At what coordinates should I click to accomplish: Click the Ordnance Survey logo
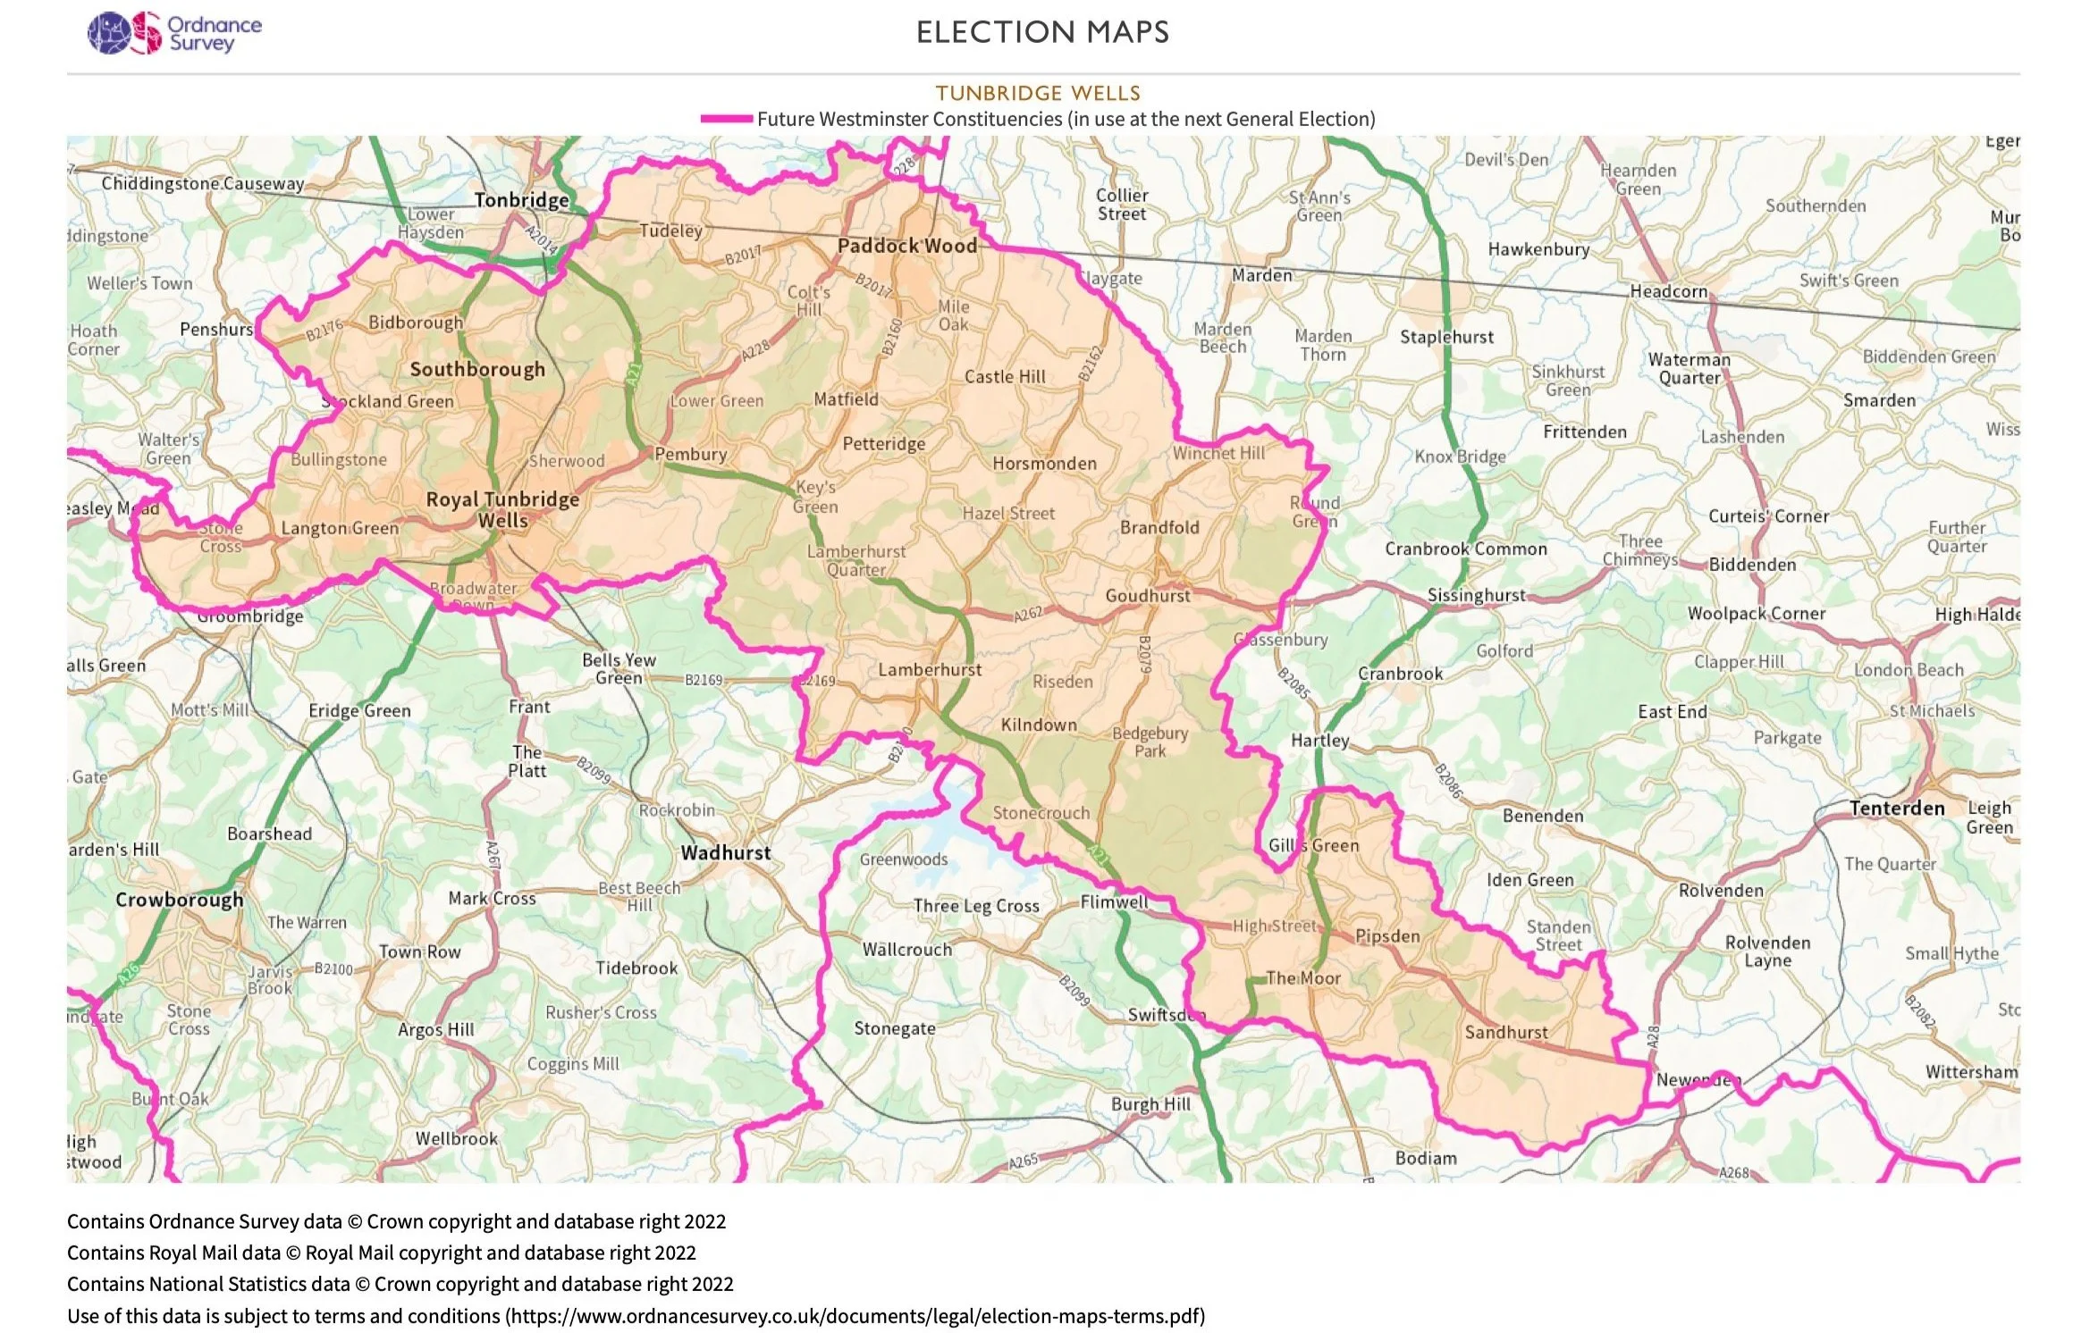[174, 33]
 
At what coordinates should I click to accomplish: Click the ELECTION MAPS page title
[1042, 33]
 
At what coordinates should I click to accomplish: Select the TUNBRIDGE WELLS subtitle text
[1038, 93]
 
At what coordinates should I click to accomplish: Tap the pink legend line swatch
[727, 119]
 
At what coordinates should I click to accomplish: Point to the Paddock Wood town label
[906, 246]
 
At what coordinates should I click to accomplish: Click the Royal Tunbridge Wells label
[502, 509]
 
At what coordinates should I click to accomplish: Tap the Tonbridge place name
[521, 200]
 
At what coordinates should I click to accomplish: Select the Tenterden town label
[1897, 809]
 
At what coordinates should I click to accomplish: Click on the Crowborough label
[179, 900]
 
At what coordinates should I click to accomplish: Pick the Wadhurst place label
[725, 853]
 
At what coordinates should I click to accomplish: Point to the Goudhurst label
[1147, 596]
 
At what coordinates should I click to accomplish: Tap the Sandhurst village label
[1505, 1033]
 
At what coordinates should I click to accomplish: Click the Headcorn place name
[1668, 291]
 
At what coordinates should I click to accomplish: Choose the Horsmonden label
[1044, 464]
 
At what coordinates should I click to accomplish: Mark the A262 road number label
[1028, 615]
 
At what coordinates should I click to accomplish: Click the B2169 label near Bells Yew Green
[704, 680]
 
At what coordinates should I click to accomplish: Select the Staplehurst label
[1446, 337]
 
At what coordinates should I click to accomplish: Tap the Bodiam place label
[1425, 1159]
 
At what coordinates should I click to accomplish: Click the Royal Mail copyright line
[381, 1253]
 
